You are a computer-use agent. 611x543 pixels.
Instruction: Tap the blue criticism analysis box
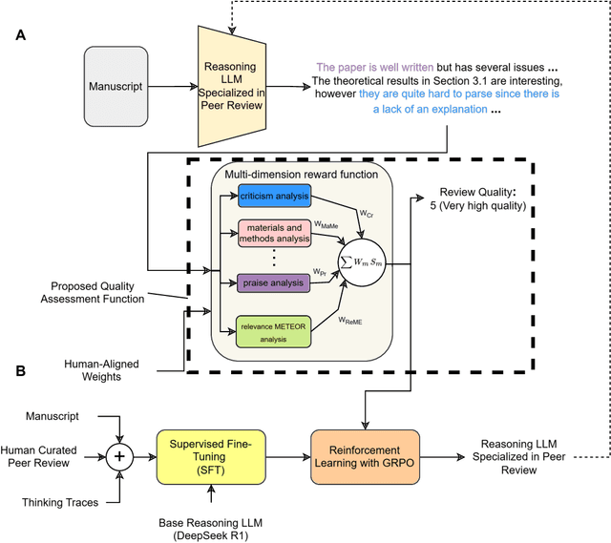[274, 196]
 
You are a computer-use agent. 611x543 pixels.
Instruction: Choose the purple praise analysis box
[274, 282]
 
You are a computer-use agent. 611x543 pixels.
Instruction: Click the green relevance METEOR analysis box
[274, 331]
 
